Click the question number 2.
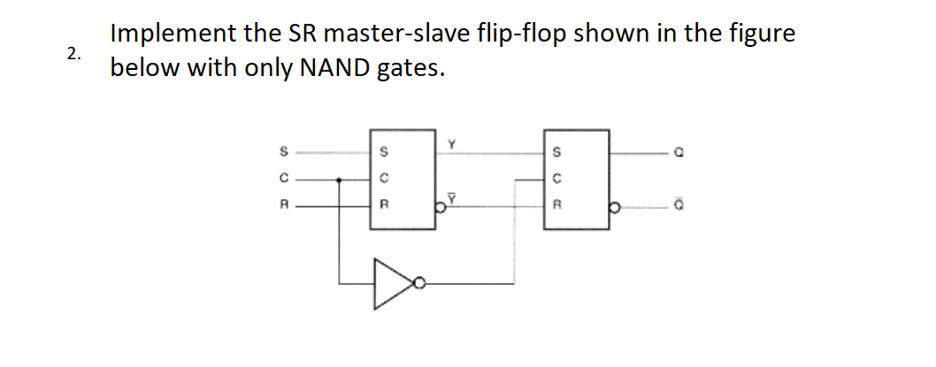point(73,52)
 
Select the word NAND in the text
point(325,68)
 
